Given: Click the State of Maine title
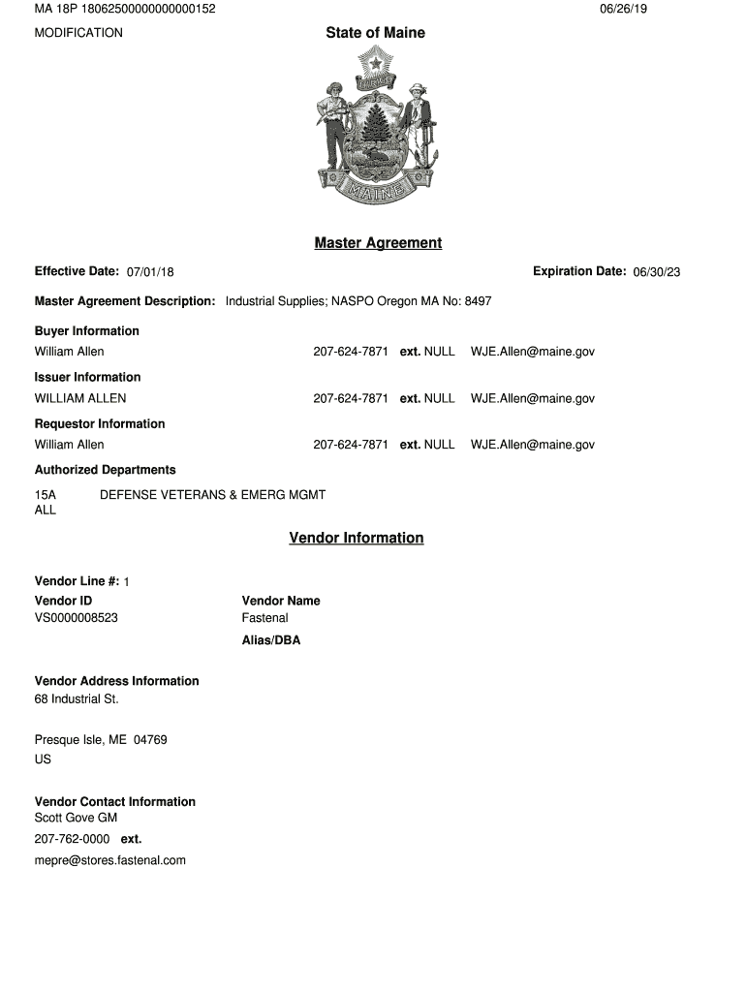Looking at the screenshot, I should [375, 33].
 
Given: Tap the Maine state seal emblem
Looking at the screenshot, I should [375, 126].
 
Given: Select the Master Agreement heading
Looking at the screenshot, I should [378, 243].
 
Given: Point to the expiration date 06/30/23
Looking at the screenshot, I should [657, 272].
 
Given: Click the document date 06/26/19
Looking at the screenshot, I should [623, 9].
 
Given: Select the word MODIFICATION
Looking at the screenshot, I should [78, 33].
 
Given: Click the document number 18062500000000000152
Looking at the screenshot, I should [149, 9].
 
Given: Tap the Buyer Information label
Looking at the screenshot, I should [87, 331].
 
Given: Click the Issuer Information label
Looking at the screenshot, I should [87, 378].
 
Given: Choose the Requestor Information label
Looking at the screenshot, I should [100, 424].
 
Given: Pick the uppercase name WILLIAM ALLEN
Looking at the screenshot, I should [80, 398].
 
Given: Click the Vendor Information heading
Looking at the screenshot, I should [356, 538].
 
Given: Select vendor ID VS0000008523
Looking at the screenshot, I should [77, 618].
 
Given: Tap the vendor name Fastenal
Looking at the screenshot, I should [264, 618].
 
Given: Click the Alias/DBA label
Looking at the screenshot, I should [271, 640].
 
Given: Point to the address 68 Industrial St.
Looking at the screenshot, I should [77, 698].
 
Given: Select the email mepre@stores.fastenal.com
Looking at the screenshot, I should [110, 860].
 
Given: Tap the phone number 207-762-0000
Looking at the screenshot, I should [72, 839].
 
